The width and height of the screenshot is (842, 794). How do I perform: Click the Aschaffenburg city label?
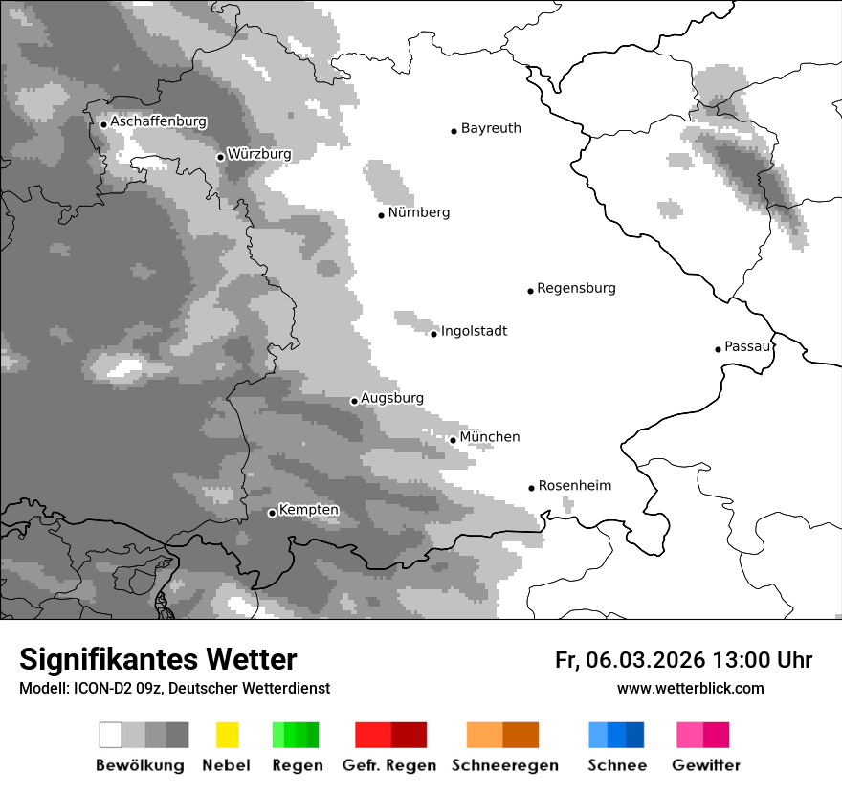click(158, 122)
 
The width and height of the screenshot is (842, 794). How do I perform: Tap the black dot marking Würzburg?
click(220, 157)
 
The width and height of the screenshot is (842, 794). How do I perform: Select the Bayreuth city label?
click(491, 128)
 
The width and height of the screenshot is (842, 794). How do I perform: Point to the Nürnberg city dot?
click(381, 215)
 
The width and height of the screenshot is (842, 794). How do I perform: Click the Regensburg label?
click(576, 288)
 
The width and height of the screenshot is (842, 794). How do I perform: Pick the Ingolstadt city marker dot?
click(433, 334)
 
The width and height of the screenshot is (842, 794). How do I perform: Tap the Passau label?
click(747, 346)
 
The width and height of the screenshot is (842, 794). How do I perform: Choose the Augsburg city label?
click(392, 398)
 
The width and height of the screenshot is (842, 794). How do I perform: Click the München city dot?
click(453, 440)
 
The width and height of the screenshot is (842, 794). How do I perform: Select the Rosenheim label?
click(575, 486)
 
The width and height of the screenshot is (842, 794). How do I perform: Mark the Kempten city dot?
click(272, 513)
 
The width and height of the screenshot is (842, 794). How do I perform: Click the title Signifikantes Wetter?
click(158, 660)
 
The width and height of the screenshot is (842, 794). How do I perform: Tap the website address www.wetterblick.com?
click(690, 688)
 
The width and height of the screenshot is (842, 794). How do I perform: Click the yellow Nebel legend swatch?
click(227, 735)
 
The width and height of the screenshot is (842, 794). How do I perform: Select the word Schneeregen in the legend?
click(505, 765)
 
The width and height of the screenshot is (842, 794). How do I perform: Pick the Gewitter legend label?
click(706, 765)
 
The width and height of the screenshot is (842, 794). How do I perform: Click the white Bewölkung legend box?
click(111, 735)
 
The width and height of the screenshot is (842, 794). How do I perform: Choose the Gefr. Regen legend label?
click(389, 765)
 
